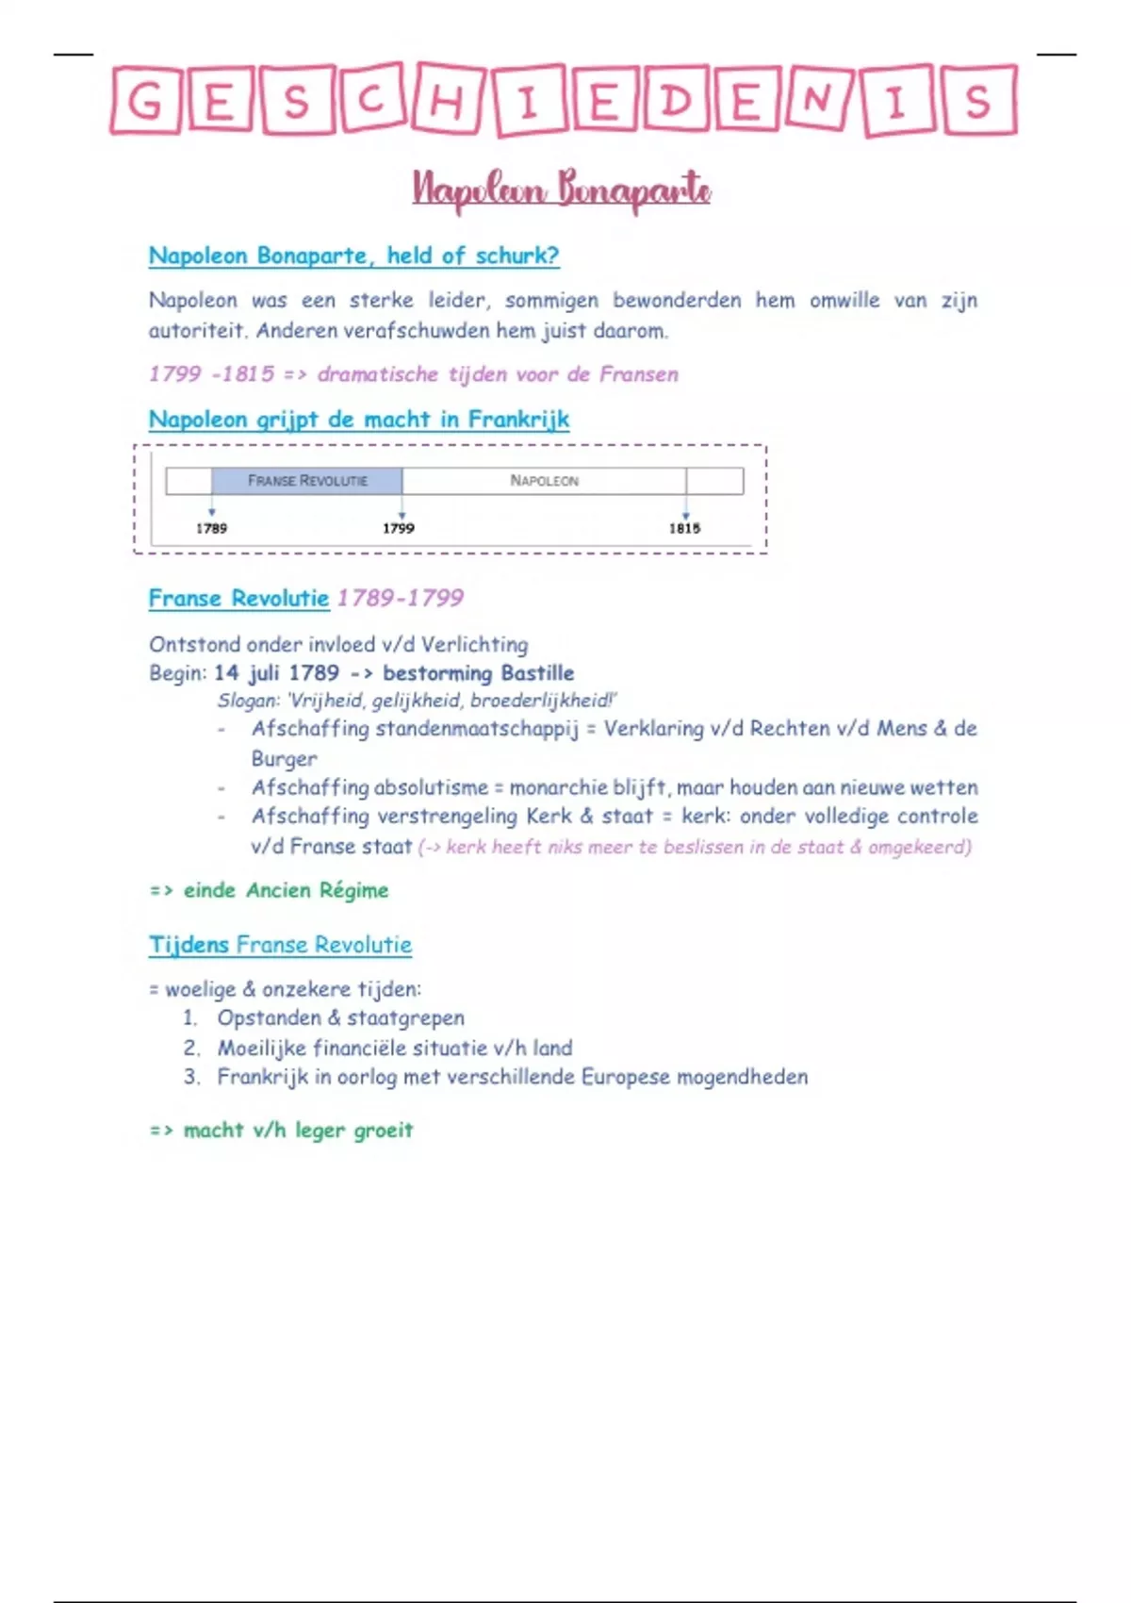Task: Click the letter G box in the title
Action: [144, 100]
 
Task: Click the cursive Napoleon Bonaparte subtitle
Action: [562, 190]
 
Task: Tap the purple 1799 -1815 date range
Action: [212, 374]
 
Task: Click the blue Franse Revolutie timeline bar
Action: [307, 481]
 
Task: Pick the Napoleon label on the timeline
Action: [544, 481]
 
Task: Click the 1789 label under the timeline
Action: [211, 528]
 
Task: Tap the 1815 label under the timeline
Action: [684, 528]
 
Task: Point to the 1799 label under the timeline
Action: [398, 528]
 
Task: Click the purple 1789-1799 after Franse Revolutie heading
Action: [401, 598]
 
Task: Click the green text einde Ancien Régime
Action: [286, 890]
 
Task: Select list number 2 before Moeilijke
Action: [191, 1048]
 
